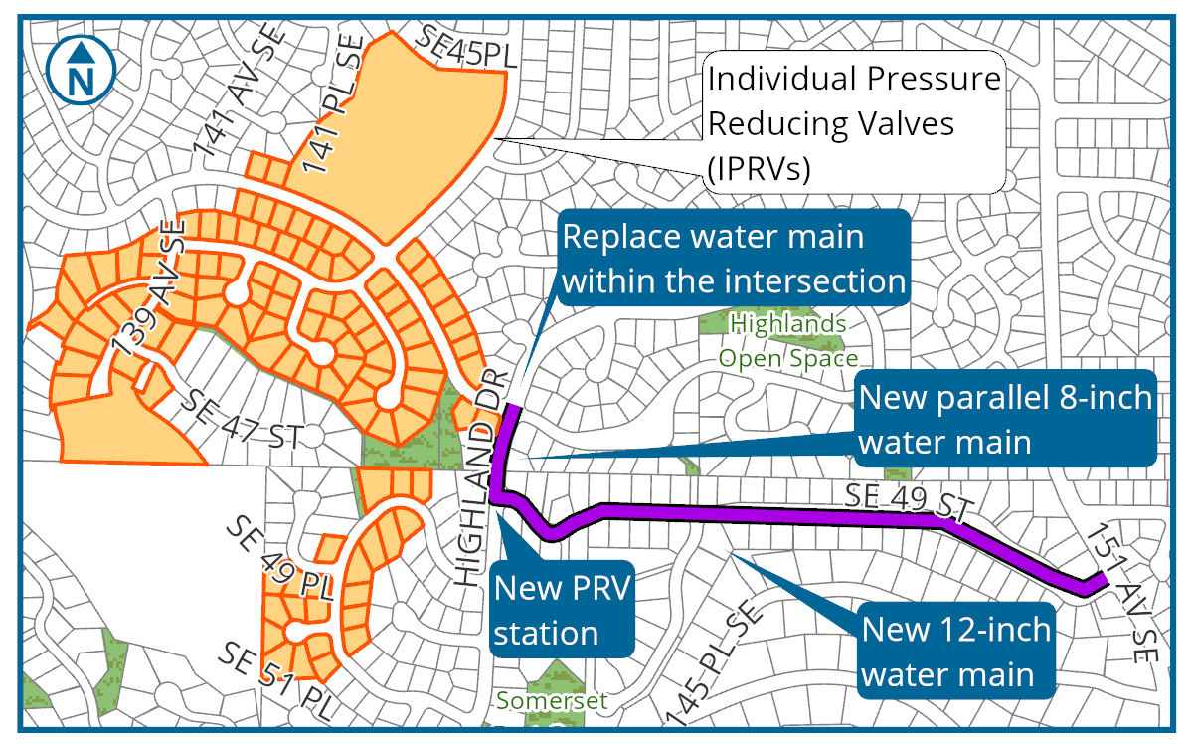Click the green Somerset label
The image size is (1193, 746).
click(x=552, y=700)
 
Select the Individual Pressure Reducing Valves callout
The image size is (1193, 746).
click(x=853, y=122)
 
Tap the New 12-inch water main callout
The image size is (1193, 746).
click(x=955, y=653)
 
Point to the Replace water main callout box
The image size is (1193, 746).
click(x=734, y=259)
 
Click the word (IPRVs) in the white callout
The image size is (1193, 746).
click(x=760, y=169)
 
